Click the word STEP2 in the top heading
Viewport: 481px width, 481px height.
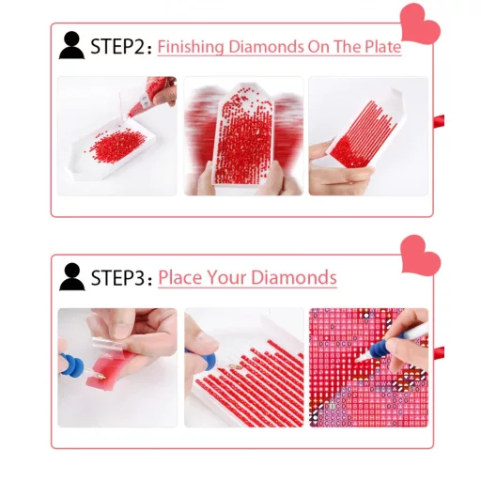117,46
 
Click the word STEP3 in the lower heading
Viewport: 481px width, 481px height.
117,277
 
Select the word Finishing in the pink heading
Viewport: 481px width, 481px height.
191,47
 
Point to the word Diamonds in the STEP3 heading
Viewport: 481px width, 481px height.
294,277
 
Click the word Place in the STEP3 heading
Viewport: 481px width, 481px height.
179,277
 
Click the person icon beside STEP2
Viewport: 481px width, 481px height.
71,45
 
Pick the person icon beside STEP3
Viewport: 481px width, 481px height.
72,276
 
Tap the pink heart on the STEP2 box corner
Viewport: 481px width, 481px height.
420,24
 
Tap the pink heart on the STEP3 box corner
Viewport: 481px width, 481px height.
420,256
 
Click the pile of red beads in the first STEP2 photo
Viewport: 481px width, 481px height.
116,147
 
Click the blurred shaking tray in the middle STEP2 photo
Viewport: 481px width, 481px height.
243,139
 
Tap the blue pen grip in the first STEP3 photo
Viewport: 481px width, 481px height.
71,365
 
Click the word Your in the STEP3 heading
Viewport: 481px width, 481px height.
226,277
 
